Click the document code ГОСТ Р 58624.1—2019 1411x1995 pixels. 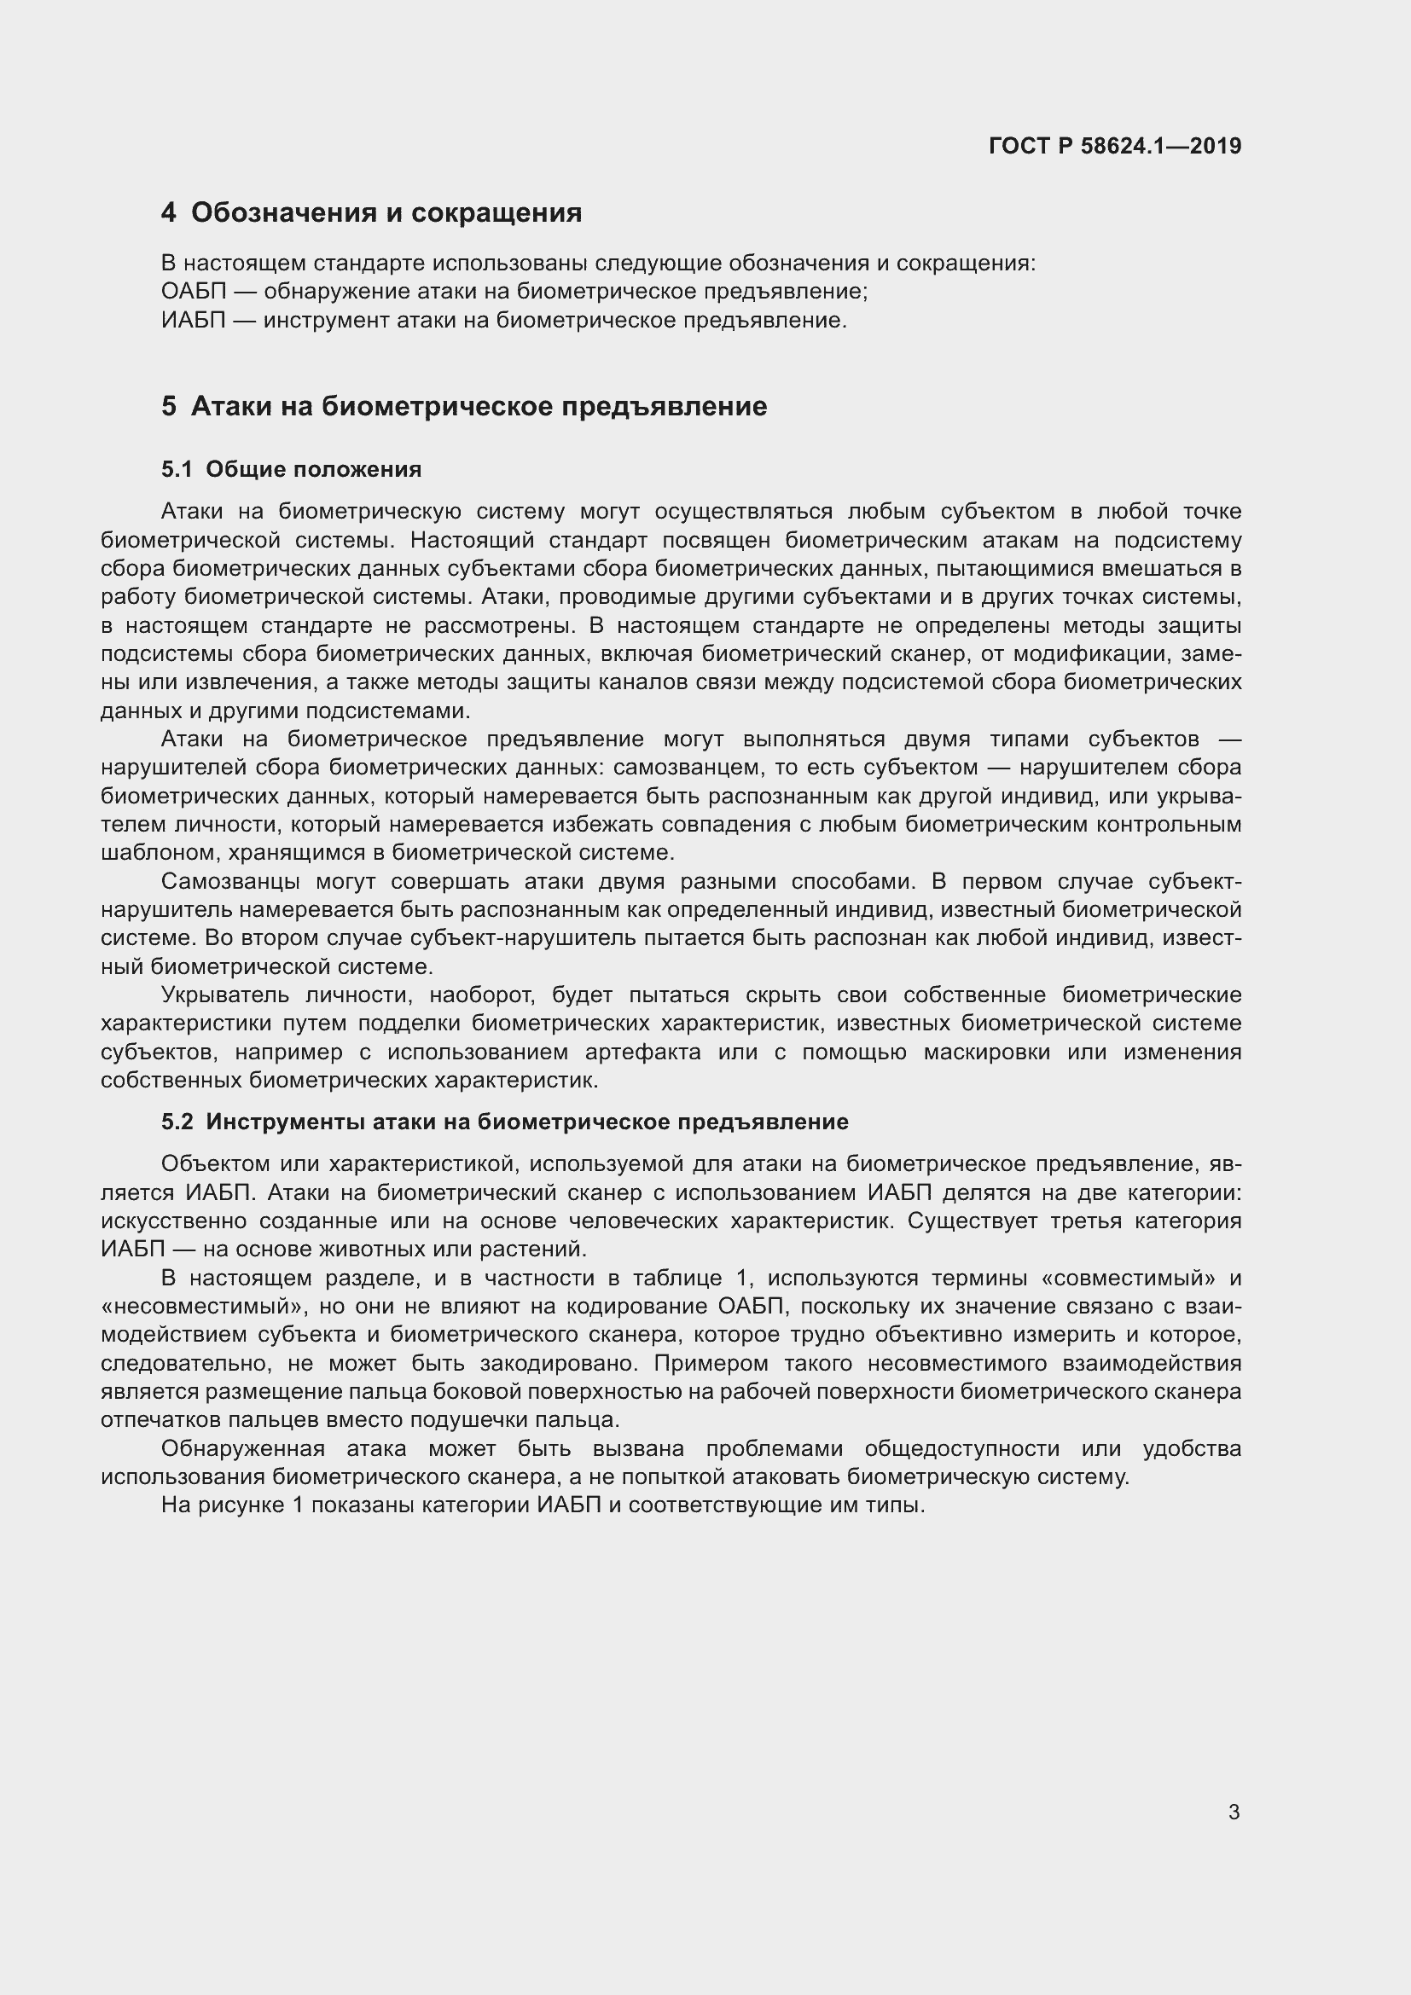point(1115,146)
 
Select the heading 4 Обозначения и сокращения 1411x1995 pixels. point(372,212)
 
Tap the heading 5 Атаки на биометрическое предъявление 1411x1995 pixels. point(464,406)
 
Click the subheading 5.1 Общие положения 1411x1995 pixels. point(291,469)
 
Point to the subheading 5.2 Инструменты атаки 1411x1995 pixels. point(504,1122)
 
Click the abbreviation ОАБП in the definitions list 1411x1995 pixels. point(193,291)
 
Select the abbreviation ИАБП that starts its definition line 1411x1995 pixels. point(193,320)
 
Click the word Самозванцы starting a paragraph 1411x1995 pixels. point(230,881)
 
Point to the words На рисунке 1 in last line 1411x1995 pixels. point(231,1505)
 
